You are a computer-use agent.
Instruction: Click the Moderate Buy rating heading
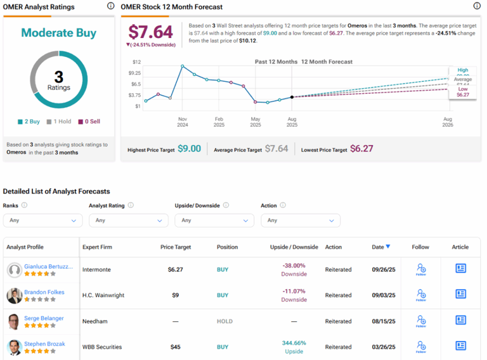[x=58, y=33]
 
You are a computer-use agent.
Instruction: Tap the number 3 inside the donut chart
[x=58, y=77]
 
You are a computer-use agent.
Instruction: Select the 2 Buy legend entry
[x=30, y=122]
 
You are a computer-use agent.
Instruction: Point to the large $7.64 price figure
[x=150, y=32]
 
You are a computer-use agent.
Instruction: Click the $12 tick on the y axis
[x=136, y=62]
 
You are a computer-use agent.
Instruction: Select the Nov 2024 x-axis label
[x=183, y=122]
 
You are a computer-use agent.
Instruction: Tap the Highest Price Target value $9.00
[x=189, y=149]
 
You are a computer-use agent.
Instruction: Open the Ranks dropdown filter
[x=42, y=221]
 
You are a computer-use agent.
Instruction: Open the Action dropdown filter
[x=301, y=221]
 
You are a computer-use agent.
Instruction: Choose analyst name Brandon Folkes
[x=44, y=293]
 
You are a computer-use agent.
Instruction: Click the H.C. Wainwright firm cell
[x=102, y=295]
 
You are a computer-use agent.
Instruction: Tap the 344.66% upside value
[x=294, y=343]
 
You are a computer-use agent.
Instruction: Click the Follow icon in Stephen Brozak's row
[x=420, y=347]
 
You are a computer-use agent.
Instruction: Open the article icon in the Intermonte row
[x=460, y=269]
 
